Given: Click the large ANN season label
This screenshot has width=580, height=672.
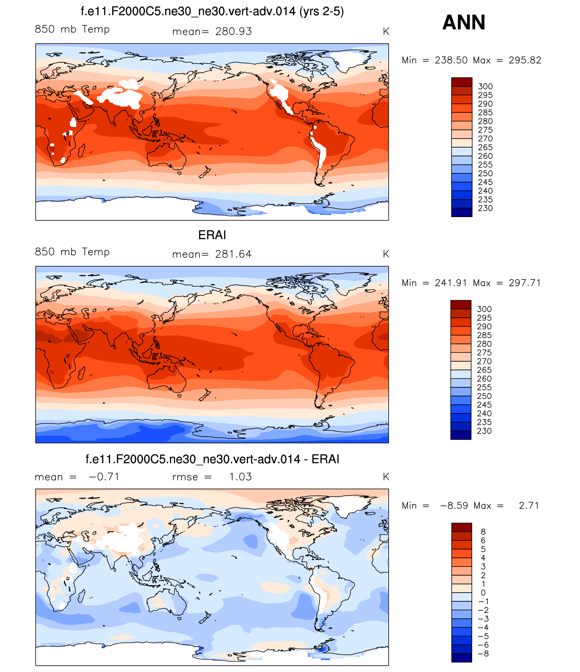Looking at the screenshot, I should [464, 22].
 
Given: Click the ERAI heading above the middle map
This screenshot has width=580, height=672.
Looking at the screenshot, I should [212, 235].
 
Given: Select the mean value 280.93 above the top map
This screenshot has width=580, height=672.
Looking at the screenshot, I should [233, 32].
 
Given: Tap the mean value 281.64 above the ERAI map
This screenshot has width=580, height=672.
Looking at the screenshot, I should [233, 254].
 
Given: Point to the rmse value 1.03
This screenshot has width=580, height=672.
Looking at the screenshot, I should [240, 477].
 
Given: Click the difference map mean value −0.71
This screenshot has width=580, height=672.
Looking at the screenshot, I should [104, 477].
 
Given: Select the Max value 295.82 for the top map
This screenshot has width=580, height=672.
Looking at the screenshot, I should [525, 60].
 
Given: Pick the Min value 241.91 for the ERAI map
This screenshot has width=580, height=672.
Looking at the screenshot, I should [451, 283].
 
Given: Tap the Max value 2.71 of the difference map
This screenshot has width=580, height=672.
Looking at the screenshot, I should [529, 505].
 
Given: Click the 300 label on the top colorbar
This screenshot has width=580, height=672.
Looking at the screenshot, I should [485, 87].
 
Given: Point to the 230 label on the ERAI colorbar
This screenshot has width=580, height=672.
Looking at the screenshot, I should [484, 431].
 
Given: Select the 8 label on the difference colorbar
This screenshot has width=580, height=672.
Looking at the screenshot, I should [483, 532].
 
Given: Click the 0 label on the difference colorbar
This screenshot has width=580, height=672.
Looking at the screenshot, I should [483, 592].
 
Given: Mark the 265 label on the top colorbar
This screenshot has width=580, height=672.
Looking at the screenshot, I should [485, 147].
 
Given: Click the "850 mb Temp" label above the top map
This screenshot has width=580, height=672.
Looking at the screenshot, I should [72, 29].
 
